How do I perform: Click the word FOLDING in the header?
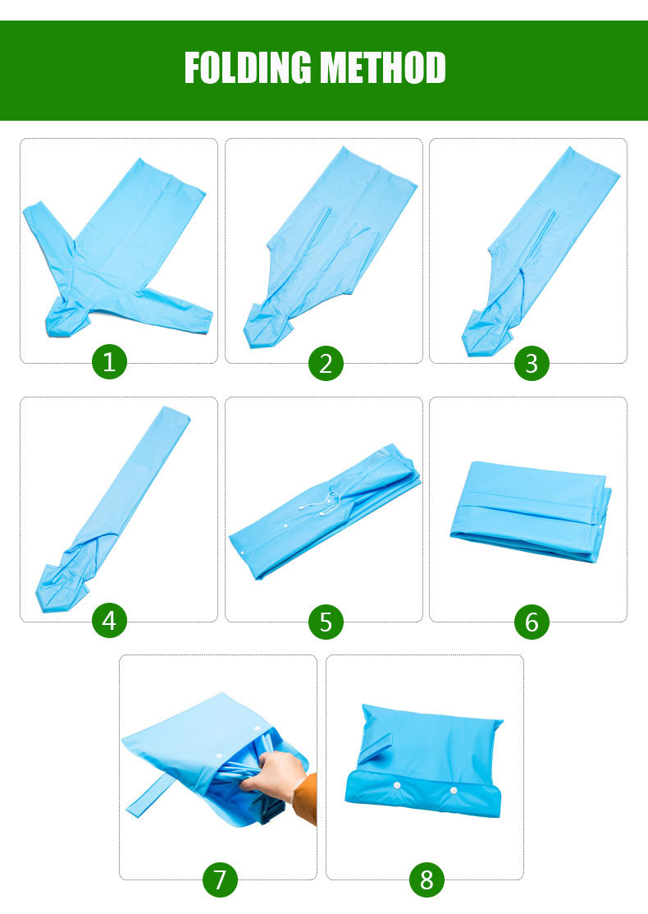[x=248, y=67]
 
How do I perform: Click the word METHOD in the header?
[x=384, y=67]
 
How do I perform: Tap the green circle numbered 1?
[x=109, y=361]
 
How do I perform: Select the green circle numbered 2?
[x=326, y=363]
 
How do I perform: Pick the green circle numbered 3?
[x=531, y=363]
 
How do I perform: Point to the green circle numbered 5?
[x=326, y=622]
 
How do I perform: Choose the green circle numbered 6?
[x=531, y=622]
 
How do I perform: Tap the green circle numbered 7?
[x=220, y=879]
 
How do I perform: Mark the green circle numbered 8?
[x=427, y=879]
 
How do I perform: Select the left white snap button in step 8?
[x=397, y=786]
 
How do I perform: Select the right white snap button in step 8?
[x=454, y=791]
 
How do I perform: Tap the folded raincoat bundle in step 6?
[x=531, y=511]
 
